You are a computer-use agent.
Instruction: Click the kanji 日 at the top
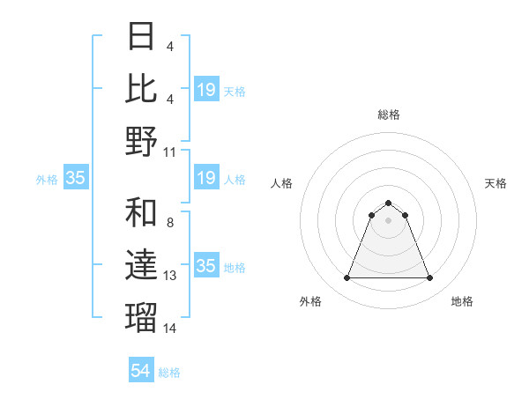click(x=142, y=37)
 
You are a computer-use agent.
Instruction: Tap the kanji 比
click(x=142, y=89)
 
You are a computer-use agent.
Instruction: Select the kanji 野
click(x=142, y=141)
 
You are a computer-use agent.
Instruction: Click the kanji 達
click(x=142, y=266)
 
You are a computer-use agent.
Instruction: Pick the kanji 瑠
click(x=142, y=318)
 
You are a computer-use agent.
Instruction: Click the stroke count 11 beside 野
click(x=170, y=152)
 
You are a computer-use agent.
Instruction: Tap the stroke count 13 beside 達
click(x=170, y=277)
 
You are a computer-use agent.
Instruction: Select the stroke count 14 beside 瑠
click(x=170, y=329)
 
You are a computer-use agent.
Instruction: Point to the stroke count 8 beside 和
click(x=169, y=224)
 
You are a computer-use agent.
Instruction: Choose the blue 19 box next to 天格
click(x=206, y=89)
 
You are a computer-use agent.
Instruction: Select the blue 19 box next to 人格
click(x=206, y=178)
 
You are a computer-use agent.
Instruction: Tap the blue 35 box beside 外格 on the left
click(x=75, y=178)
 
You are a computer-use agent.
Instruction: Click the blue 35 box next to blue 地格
click(x=206, y=266)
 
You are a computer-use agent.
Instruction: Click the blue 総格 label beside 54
click(x=170, y=373)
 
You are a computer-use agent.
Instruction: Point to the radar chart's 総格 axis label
click(x=389, y=115)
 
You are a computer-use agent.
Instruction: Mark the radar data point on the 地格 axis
click(x=430, y=278)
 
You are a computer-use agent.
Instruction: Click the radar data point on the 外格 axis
click(x=346, y=278)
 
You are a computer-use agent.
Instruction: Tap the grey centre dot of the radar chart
click(x=389, y=220)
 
